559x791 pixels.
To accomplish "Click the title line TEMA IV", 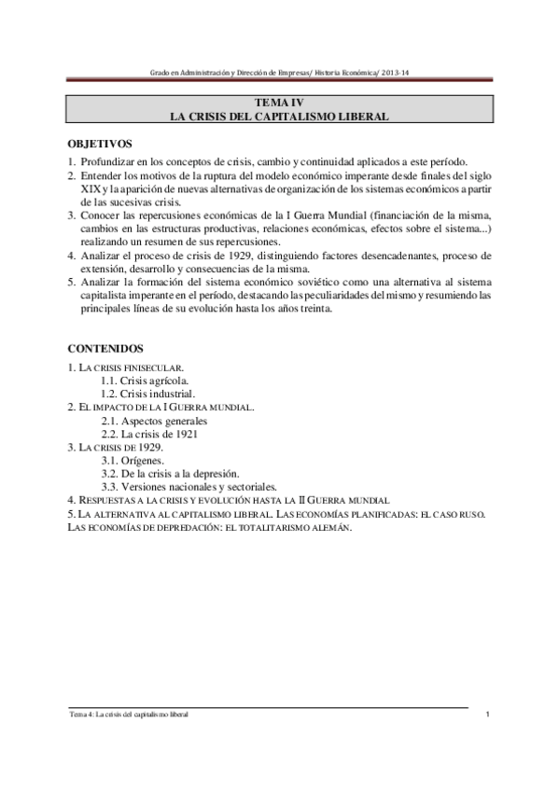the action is tap(279, 103).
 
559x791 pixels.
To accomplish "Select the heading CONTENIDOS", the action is tap(105, 348).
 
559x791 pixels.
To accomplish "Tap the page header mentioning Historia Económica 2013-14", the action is tap(279, 73).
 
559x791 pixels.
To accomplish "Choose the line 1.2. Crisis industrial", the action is tap(148, 394).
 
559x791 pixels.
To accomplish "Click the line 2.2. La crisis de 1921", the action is tap(149, 434).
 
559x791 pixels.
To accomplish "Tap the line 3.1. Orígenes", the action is tap(133, 461).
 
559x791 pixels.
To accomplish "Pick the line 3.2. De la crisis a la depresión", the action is tap(170, 474).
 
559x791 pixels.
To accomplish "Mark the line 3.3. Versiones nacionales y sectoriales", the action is tap(189, 487).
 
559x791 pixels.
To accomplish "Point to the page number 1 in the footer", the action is tap(488, 715).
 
